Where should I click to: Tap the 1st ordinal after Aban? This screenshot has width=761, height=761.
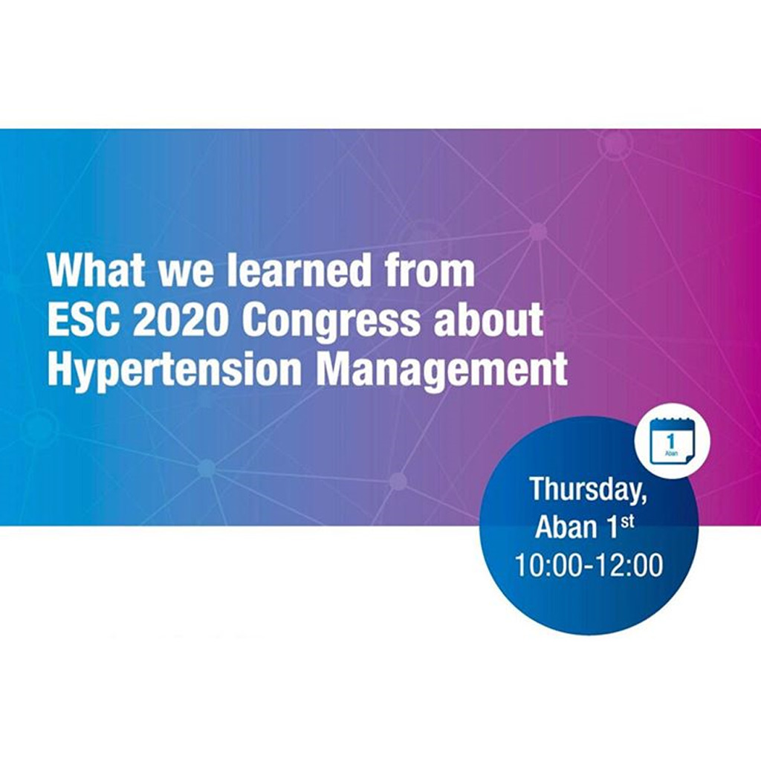(621, 526)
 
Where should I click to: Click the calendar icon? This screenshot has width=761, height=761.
(672, 441)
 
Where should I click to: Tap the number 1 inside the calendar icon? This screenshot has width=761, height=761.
(671, 441)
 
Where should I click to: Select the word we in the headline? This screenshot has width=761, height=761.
(185, 274)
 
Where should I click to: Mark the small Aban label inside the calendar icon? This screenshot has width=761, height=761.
(671, 453)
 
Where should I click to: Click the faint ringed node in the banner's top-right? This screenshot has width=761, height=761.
(615, 144)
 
